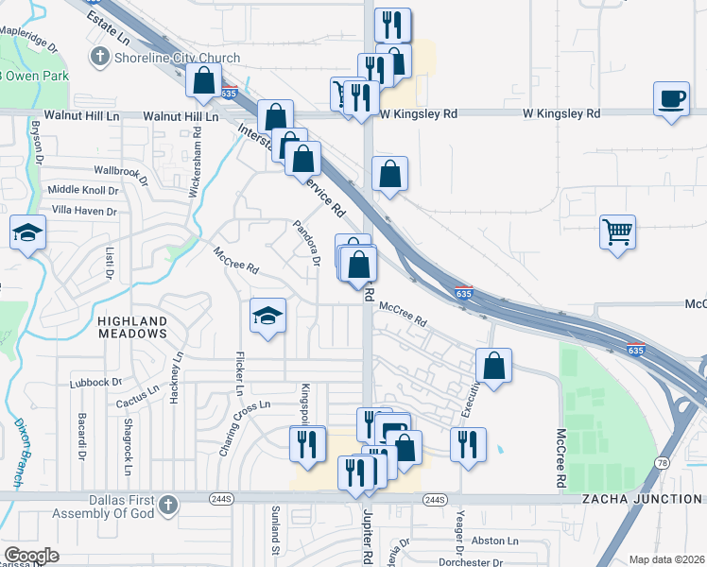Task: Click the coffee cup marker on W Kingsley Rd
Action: coord(671,99)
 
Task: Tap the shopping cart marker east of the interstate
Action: coord(617,230)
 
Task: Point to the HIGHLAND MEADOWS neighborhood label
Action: coord(132,327)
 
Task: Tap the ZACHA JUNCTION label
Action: coord(643,499)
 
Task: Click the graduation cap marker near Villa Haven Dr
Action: coord(27,232)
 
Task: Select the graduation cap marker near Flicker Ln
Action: coord(268,315)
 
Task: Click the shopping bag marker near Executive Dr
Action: coord(493,365)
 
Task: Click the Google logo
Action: coord(31,556)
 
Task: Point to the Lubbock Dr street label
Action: coord(97,383)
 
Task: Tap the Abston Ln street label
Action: coord(495,541)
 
